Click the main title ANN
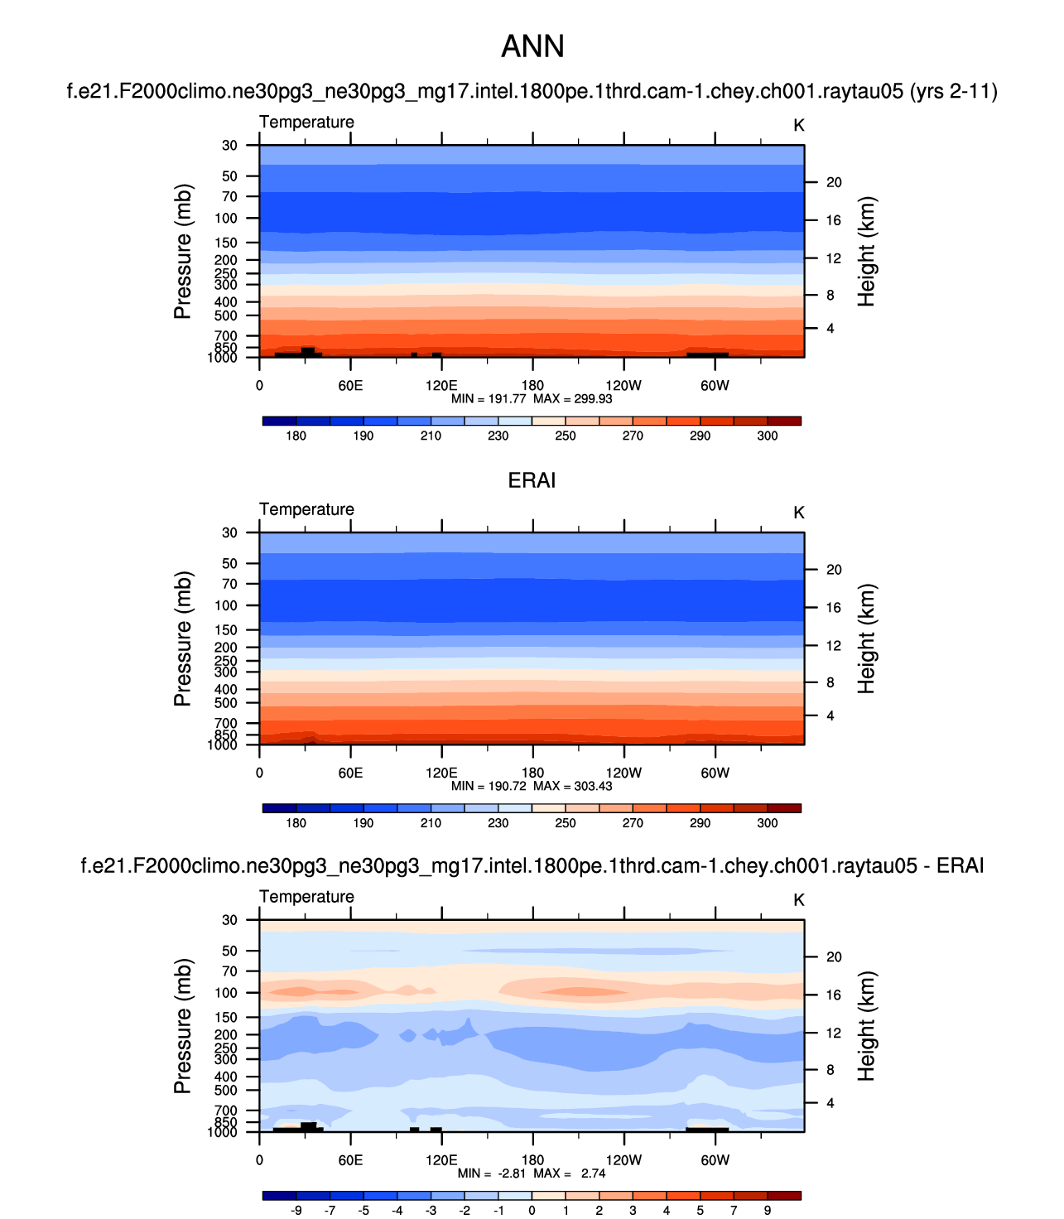click(x=532, y=47)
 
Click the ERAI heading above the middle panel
click(x=532, y=481)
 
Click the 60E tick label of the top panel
click(x=350, y=386)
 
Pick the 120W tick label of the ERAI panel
click(x=623, y=773)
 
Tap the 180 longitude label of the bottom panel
click(x=532, y=1160)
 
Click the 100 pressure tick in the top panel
click(x=226, y=219)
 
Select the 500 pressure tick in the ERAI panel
click(x=226, y=703)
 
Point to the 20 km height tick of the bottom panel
click(x=834, y=957)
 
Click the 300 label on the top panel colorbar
click(x=768, y=436)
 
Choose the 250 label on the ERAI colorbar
click(x=566, y=823)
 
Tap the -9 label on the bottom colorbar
click(x=296, y=1210)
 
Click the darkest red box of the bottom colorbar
click(x=784, y=1195)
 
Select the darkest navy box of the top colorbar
click(x=279, y=421)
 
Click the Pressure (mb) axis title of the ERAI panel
click(x=183, y=638)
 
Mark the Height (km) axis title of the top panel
click(x=866, y=252)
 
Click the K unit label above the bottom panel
click(x=799, y=900)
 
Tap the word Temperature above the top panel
click(x=306, y=123)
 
